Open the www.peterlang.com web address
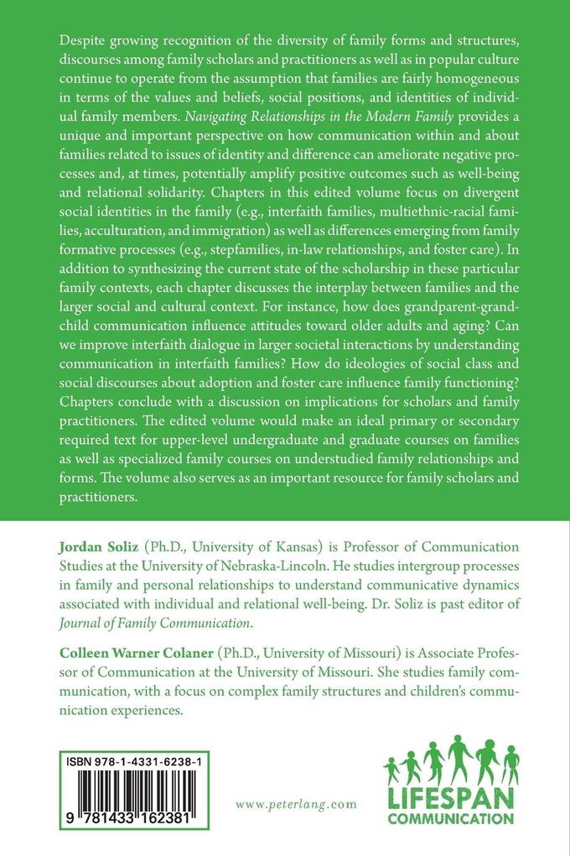tap(296, 804)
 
